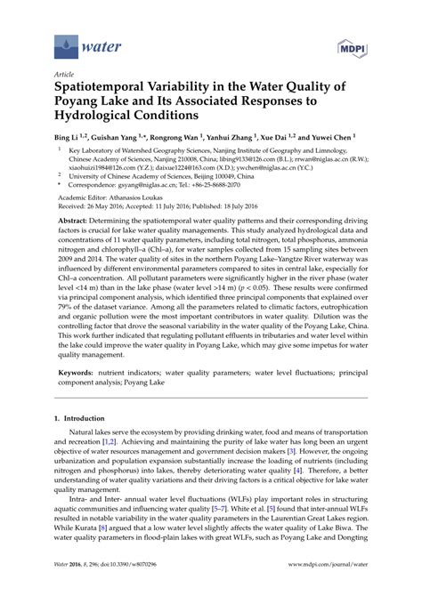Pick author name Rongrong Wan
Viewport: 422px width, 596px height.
pos(199,139)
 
